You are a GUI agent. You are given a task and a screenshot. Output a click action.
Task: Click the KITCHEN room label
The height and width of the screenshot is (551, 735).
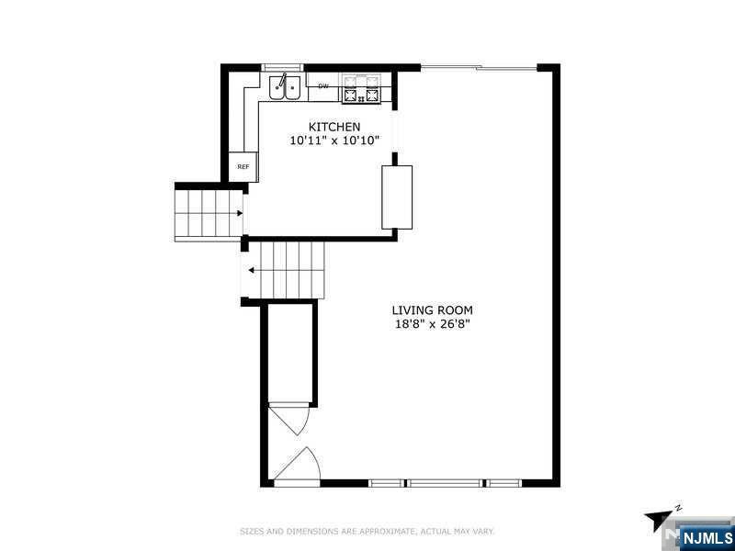click(334, 127)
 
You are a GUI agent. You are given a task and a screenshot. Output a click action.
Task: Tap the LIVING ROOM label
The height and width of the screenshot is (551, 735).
click(432, 310)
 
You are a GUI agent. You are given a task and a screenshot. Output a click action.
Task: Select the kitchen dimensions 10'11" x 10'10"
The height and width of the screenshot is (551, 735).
click(334, 141)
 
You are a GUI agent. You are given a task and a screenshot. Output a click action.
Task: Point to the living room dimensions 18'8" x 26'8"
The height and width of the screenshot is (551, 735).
click(432, 324)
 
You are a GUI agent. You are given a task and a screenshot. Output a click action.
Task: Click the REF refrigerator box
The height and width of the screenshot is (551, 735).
click(243, 167)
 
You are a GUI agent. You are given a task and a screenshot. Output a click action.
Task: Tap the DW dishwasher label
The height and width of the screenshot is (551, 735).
click(323, 86)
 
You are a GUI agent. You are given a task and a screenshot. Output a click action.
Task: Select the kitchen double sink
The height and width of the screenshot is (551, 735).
click(285, 87)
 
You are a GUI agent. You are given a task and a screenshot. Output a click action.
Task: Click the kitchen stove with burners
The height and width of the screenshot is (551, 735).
click(360, 88)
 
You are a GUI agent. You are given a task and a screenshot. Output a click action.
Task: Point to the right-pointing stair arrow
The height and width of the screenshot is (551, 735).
click(240, 213)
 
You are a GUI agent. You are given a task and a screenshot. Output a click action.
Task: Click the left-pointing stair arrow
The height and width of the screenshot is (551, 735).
click(252, 270)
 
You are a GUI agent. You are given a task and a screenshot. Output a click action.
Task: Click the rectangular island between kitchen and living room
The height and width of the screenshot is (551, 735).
click(397, 197)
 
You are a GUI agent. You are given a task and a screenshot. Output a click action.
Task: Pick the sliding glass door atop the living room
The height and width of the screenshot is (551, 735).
click(479, 68)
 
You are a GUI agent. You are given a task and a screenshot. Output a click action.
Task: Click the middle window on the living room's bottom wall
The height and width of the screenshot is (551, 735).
click(444, 483)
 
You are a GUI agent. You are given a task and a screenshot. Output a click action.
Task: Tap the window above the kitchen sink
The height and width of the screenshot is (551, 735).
click(283, 67)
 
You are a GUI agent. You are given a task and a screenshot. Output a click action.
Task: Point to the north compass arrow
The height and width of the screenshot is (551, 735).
click(658, 520)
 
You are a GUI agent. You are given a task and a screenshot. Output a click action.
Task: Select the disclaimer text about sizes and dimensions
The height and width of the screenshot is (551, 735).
click(367, 532)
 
